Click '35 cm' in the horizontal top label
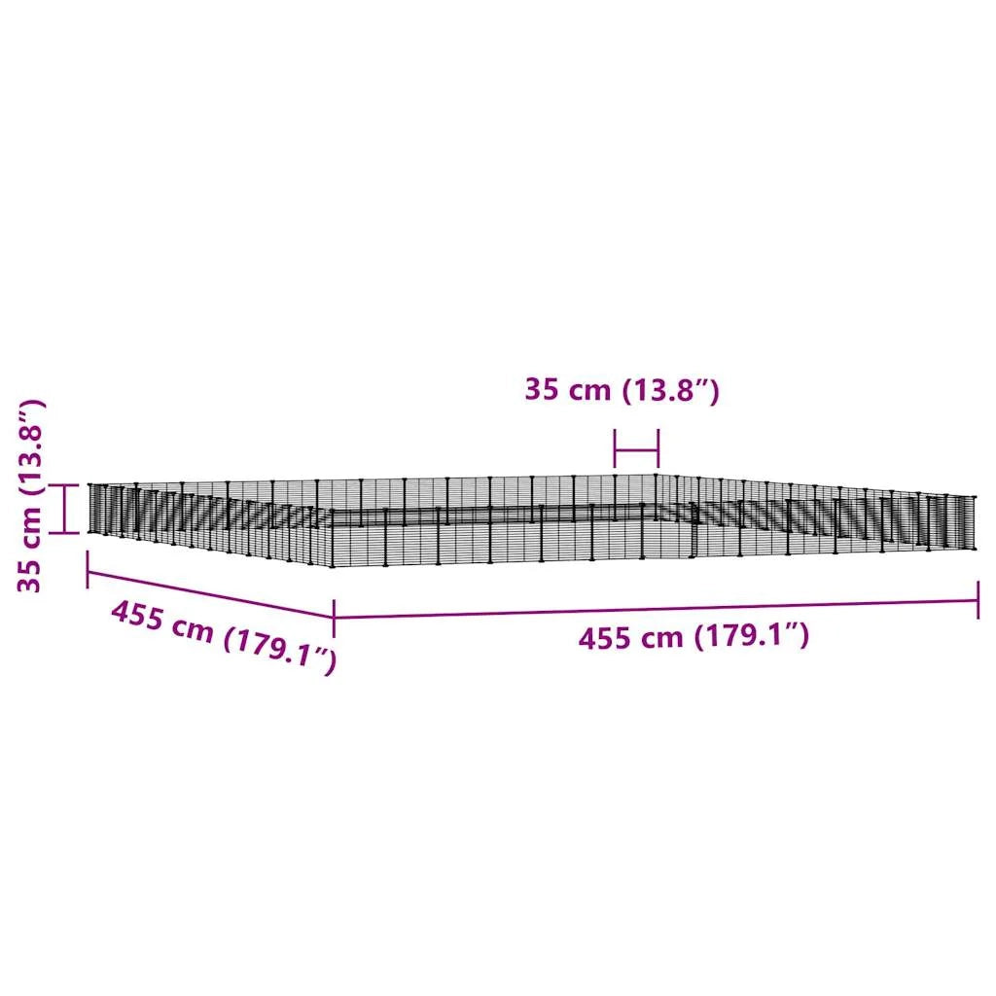(567, 389)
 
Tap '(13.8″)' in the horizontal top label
(670, 391)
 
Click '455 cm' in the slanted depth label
(162, 622)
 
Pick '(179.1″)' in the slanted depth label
(280, 651)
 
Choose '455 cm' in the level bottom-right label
(630, 638)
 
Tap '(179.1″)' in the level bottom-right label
(751, 636)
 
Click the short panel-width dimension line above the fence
(636, 449)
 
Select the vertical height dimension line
(65, 509)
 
